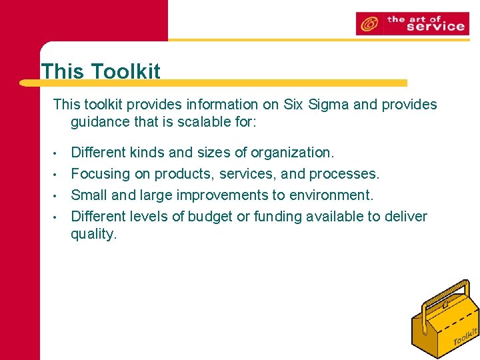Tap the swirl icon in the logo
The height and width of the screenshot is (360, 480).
click(x=368, y=24)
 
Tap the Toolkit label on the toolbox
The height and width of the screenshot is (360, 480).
click(x=465, y=336)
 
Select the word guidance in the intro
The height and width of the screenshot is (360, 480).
click(x=99, y=123)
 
